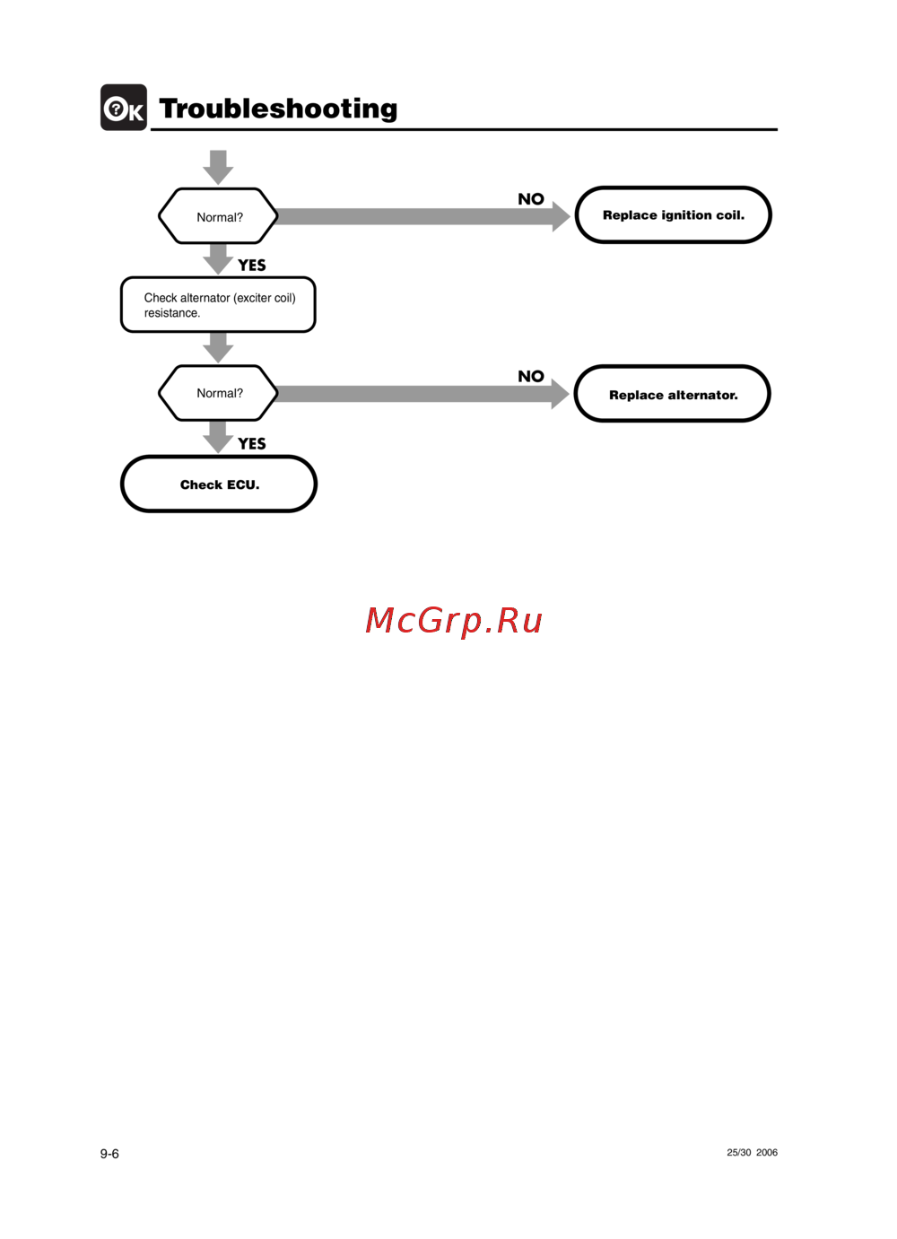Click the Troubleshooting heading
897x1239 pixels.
pyautogui.click(x=278, y=109)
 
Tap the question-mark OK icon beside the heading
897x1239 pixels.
pyautogui.click(x=124, y=108)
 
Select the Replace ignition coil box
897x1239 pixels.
pyautogui.click(x=673, y=215)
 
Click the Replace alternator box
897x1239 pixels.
pyautogui.click(x=673, y=395)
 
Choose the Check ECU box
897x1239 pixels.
pyautogui.click(x=219, y=484)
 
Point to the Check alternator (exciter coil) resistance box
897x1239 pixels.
pyautogui.click(x=218, y=305)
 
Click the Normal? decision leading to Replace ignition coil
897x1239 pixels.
pyautogui.click(x=218, y=217)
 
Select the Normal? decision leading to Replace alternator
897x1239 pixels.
pyautogui.click(x=218, y=393)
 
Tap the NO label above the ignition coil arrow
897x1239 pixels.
pyautogui.click(x=531, y=199)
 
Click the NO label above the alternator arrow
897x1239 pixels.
pyautogui.click(x=531, y=377)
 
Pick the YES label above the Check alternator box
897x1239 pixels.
pyautogui.click(x=252, y=266)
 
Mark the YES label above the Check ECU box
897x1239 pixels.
pyautogui.click(x=252, y=444)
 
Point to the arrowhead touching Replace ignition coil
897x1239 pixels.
pyautogui.click(x=561, y=216)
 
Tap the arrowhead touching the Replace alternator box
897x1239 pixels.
pyautogui.click(x=560, y=394)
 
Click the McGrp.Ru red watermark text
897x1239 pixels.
pyautogui.click(x=454, y=620)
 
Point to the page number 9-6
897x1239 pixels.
pyautogui.click(x=109, y=1154)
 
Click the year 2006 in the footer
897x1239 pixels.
pyautogui.click(x=767, y=1153)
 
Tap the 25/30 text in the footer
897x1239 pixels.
pyautogui.click(x=739, y=1153)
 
